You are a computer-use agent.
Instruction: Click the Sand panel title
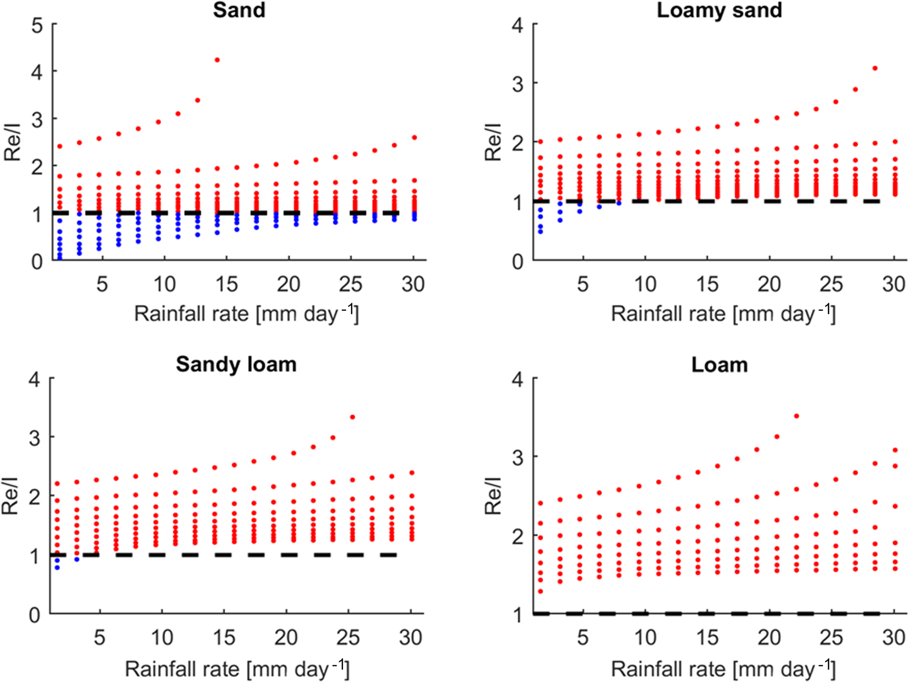click(x=239, y=10)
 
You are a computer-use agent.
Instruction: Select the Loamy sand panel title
click(x=719, y=10)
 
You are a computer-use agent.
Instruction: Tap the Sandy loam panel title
click(x=236, y=364)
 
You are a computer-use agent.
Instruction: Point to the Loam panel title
click(x=720, y=365)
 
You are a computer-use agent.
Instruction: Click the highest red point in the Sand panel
click(x=217, y=60)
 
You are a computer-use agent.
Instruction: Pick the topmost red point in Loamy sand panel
click(x=875, y=68)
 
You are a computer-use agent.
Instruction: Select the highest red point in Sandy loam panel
click(x=352, y=417)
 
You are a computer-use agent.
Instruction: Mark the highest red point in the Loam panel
click(x=796, y=416)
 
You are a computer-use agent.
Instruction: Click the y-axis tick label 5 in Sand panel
click(x=37, y=26)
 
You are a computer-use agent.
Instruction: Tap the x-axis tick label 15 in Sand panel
click(x=226, y=284)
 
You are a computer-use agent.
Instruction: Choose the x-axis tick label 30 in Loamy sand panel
click(x=894, y=284)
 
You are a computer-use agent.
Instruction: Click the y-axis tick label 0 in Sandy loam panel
click(x=35, y=615)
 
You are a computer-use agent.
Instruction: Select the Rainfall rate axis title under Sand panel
click(x=246, y=313)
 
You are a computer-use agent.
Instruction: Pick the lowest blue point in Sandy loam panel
click(x=57, y=568)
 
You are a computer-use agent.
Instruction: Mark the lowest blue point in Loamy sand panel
click(x=540, y=232)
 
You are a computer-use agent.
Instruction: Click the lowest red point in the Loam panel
click(x=540, y=591)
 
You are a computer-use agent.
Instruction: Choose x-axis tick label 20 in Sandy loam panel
click(x=286, y=638)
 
